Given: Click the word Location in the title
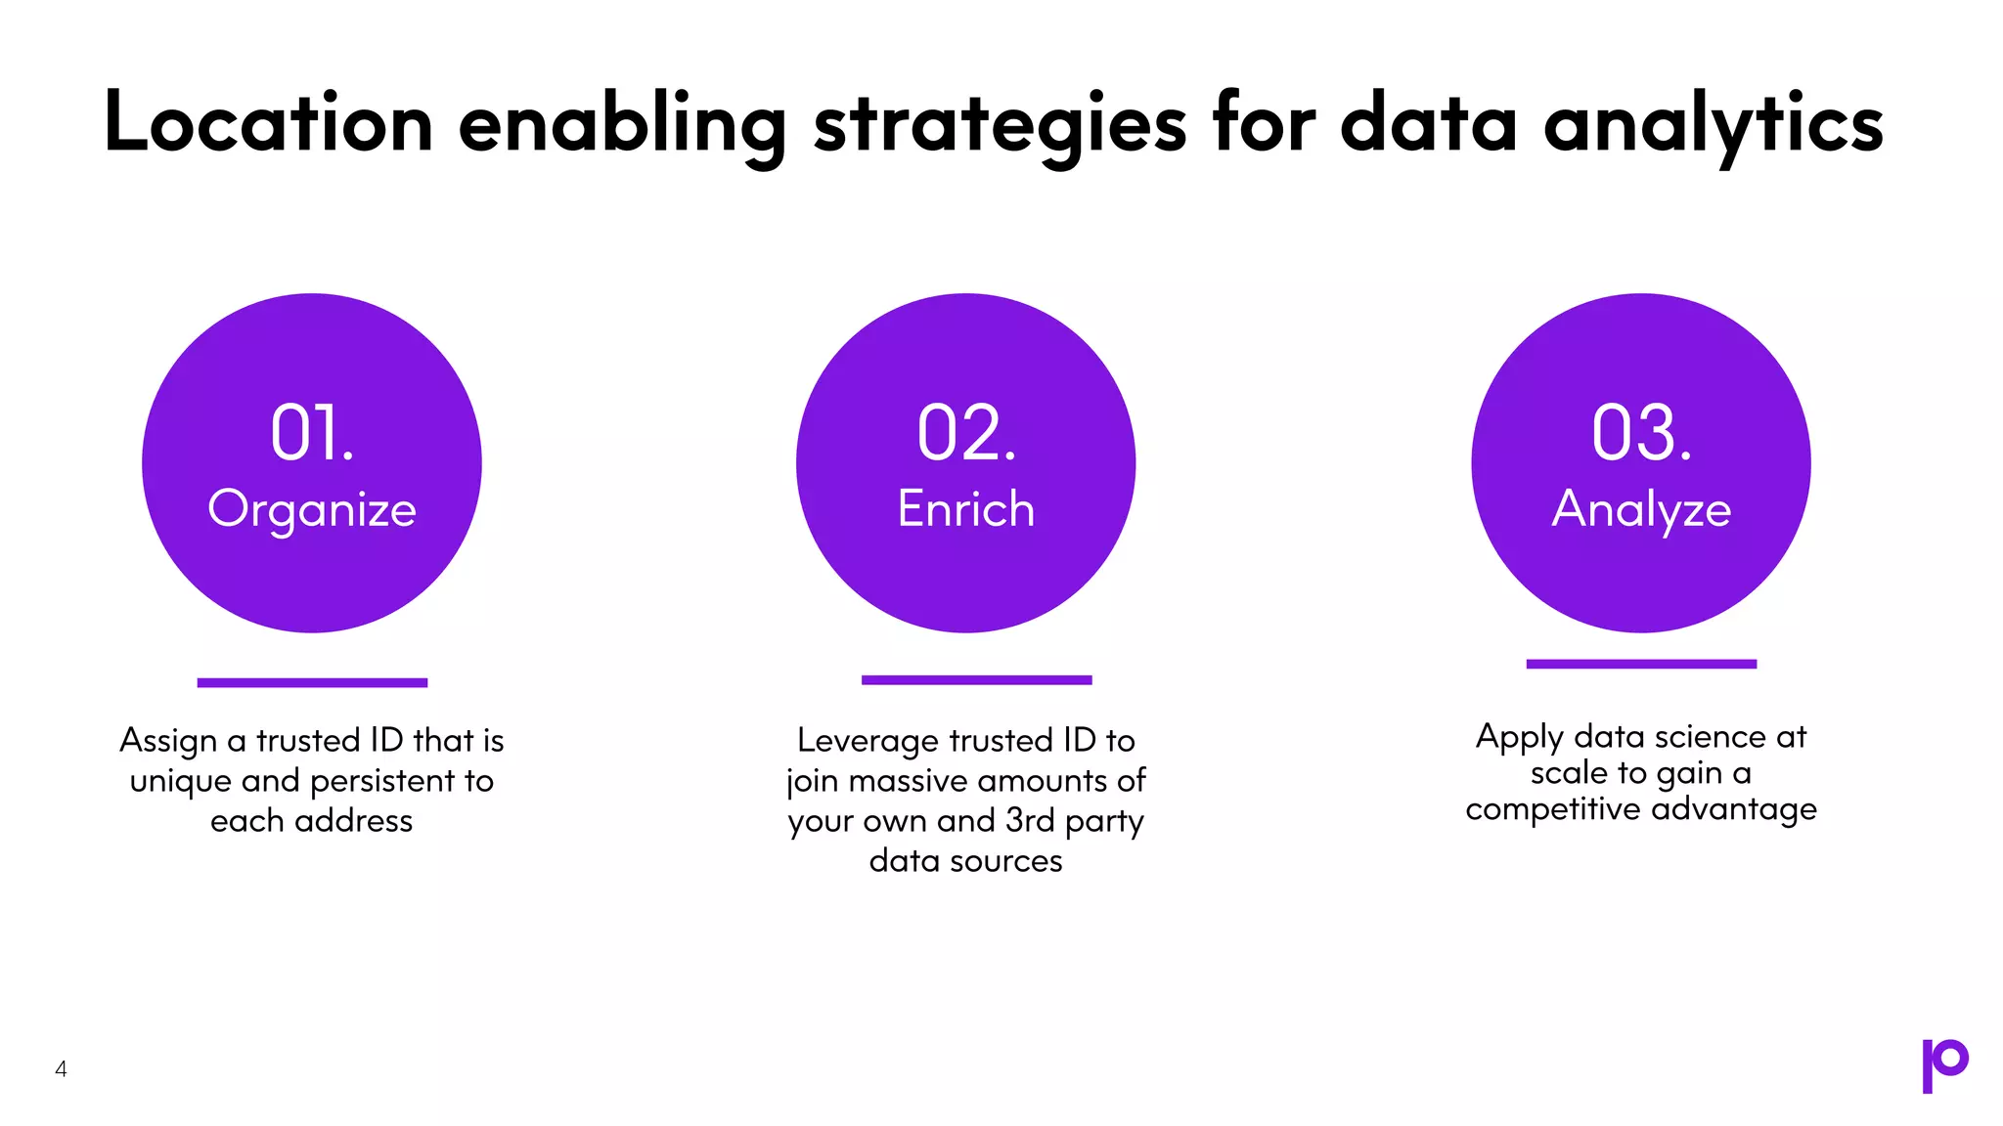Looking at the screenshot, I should [268, 124].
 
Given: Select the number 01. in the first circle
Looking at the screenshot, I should [312, 433].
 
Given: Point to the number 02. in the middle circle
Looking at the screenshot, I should [966, 433].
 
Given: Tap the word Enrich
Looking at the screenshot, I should [966, 509].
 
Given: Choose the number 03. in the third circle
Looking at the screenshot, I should [1641, 433].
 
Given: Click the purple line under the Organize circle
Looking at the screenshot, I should [312, 682].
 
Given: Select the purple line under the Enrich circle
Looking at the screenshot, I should [976, 679].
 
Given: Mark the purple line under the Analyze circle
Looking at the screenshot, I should [1641, 664].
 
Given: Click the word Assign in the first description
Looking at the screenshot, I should [168, 741].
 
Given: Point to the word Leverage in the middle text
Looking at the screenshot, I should [868, 741].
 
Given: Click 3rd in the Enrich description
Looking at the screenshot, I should [1030, 820].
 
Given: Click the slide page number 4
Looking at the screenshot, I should [61, 1069].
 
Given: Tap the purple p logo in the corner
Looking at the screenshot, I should [1944, 1064].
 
